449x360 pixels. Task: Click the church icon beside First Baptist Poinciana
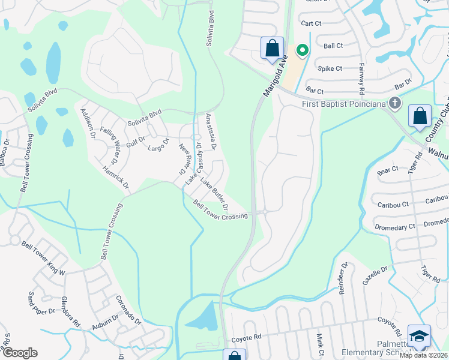[394, 103]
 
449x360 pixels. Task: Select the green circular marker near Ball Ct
[303, 50]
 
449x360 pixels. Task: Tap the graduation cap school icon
[419, 337]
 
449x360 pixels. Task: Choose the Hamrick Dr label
[116, 178]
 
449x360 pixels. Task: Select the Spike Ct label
[330, 68]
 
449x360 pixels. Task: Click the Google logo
[19, 353]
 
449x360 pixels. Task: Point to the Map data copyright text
[424, 355]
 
